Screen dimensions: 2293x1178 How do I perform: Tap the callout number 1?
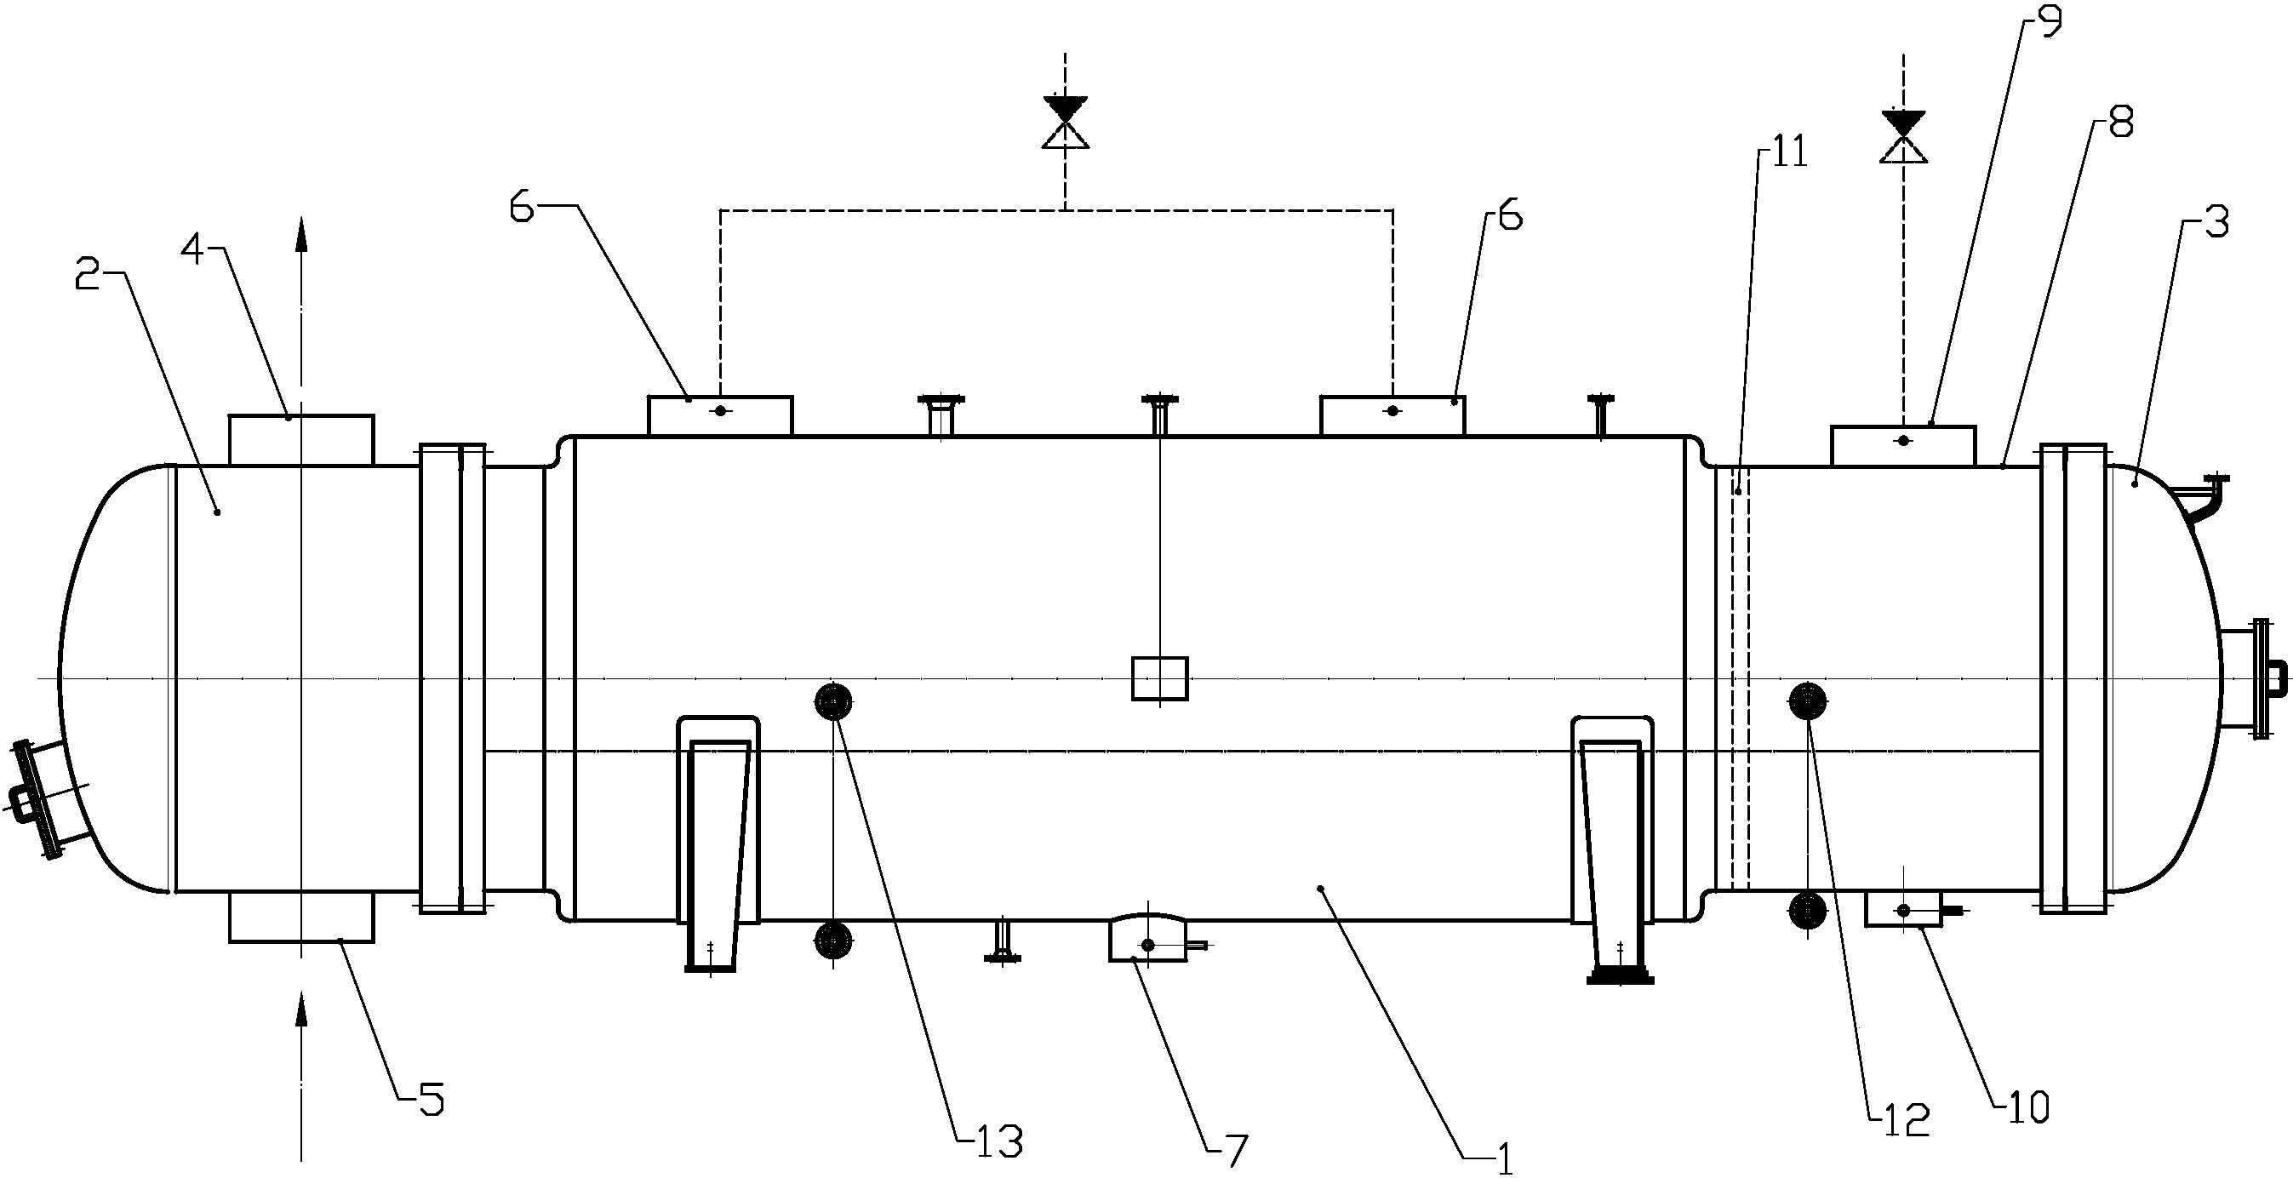point(1503,1160)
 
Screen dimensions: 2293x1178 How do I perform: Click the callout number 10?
point(2026,1107)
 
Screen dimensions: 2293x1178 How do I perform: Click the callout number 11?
point(1789,153)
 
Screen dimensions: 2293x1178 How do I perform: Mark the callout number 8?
point(2120,123)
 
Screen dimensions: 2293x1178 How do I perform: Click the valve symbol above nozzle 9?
point(1903,137)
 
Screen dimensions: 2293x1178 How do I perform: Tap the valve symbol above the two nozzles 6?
point(1066,122)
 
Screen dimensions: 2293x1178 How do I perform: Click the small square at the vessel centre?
point(1159,678)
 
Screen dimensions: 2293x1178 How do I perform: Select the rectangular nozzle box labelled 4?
point(302,440)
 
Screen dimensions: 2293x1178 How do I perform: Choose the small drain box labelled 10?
point(1903,910)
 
